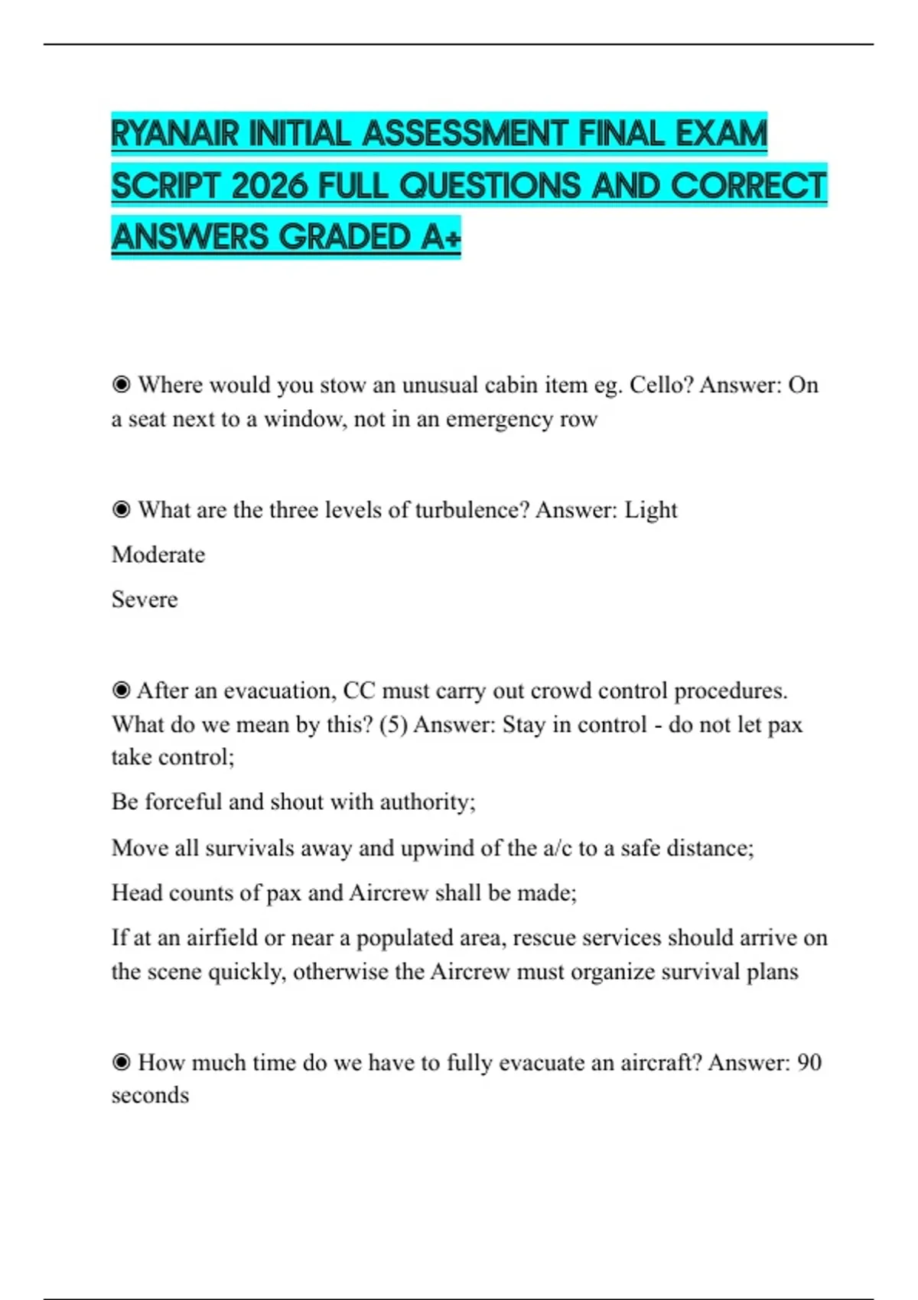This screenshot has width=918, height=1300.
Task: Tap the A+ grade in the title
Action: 441,237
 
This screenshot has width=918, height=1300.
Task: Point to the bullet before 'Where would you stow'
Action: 121,385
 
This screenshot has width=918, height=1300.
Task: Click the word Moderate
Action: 158,554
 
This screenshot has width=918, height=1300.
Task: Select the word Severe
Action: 145,599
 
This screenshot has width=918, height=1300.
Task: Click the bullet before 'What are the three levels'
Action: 121,510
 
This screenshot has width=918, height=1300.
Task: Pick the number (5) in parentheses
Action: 393,724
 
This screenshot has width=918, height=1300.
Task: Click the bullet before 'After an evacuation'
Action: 121,691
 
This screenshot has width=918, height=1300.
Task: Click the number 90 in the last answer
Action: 809,1062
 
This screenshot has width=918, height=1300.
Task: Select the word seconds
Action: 150,1095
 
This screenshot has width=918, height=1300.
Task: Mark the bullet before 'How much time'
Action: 121,1062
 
